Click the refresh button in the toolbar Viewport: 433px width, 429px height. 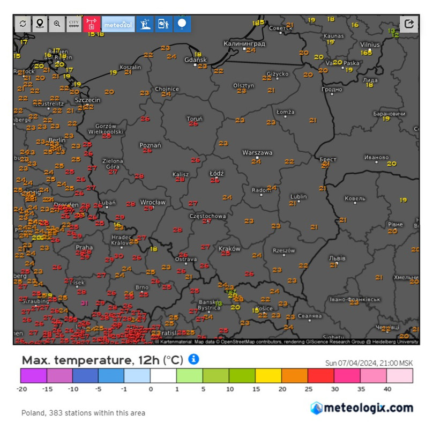pyautogui.click(x=23, y=24)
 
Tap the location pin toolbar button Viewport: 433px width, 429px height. pyautogui.click(x=40, y=24)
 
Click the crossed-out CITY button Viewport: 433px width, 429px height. pyautogui.click(x=74, y=24)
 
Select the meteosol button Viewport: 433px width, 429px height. pyautogui.click(x=118, y=24)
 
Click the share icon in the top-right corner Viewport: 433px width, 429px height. pyautogui.click(x=409, y=24)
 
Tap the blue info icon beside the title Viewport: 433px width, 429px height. pyautogui.click(x=193, y=359)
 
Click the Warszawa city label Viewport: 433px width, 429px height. pyautogui.click(x=257, y=153)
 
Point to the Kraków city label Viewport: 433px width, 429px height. pyautogui.click(x=229, y=249)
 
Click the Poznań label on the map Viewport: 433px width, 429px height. pyautogui.click(x=150, y=145)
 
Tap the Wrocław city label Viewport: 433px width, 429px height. pyautogui.click(x=153, y=202)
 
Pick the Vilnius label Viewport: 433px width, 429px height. pyautogui.click(x=370, y=45)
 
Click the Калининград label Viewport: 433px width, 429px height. pyautogui.click(x=244, y=43)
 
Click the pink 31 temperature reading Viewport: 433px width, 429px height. pyautogui.click(x=84, y=303)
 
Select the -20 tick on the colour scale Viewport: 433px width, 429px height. pyautogui.click(x=22, y=389)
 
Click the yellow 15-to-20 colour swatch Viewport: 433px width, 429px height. pyautogui.click(x=268, y=375)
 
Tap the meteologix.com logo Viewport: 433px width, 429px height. pyautogui.click(x=362, y=408)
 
